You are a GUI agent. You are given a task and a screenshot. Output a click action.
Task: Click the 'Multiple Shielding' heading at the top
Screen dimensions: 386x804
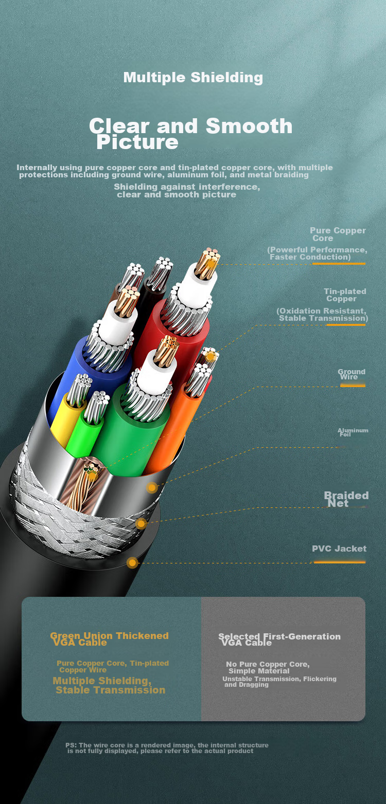193,78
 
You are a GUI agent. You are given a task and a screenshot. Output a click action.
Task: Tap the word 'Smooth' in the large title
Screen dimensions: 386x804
249,126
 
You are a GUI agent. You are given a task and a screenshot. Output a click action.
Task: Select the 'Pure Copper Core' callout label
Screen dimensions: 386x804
338,234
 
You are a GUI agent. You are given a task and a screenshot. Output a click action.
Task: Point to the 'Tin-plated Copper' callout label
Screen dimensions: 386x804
345,295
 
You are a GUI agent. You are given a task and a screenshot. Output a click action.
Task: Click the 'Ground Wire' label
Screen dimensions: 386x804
352,374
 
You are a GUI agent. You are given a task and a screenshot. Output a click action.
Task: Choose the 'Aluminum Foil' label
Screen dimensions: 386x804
353,432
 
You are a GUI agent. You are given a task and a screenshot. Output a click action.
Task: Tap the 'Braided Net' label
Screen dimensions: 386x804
346,499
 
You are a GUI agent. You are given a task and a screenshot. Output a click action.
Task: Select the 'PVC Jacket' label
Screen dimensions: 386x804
339,549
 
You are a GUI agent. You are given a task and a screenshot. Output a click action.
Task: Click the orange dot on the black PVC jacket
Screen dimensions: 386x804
132,562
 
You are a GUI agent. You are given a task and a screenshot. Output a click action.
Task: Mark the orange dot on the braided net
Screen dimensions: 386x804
141,524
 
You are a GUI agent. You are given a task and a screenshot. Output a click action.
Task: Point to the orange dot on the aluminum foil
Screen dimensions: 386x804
152,487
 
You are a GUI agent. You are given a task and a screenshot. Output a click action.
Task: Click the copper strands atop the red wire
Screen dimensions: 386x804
207,264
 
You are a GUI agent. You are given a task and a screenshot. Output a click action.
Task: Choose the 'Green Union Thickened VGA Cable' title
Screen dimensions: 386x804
109,639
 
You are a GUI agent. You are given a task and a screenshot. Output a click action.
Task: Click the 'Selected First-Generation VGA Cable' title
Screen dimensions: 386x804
279,639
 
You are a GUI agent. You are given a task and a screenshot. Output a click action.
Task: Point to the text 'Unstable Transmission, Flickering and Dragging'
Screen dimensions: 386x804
279,682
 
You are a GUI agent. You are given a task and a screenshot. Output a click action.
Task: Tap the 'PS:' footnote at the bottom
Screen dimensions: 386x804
167,748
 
